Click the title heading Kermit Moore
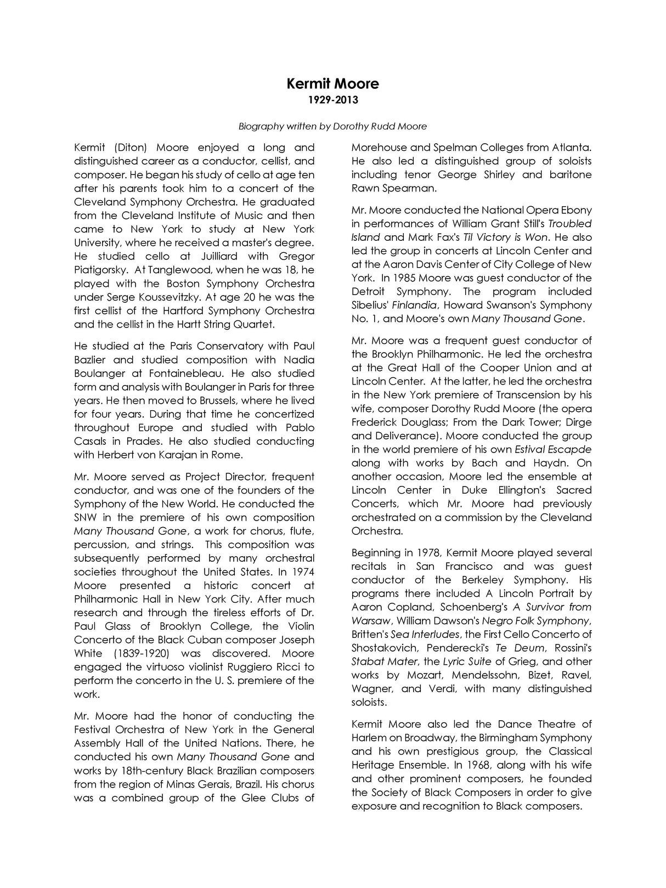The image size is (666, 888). (x=332, y=84)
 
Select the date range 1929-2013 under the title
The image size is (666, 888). (x=332, y=100)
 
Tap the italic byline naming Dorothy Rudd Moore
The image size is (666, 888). (x=332, y=126)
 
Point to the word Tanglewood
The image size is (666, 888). (x=180, y=270)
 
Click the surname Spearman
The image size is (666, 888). (x=394, y=188)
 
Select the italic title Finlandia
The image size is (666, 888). (x=415, y=305)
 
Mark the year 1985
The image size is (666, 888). (x=417, y=278)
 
